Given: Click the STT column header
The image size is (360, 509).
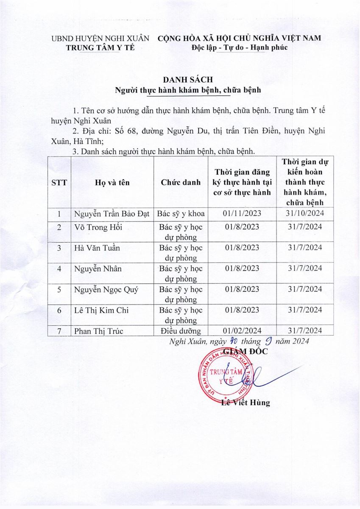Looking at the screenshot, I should [59, 183].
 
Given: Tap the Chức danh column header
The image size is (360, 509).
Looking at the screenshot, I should [181, 183].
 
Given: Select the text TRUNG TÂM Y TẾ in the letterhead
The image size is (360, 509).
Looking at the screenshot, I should [100, 48].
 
